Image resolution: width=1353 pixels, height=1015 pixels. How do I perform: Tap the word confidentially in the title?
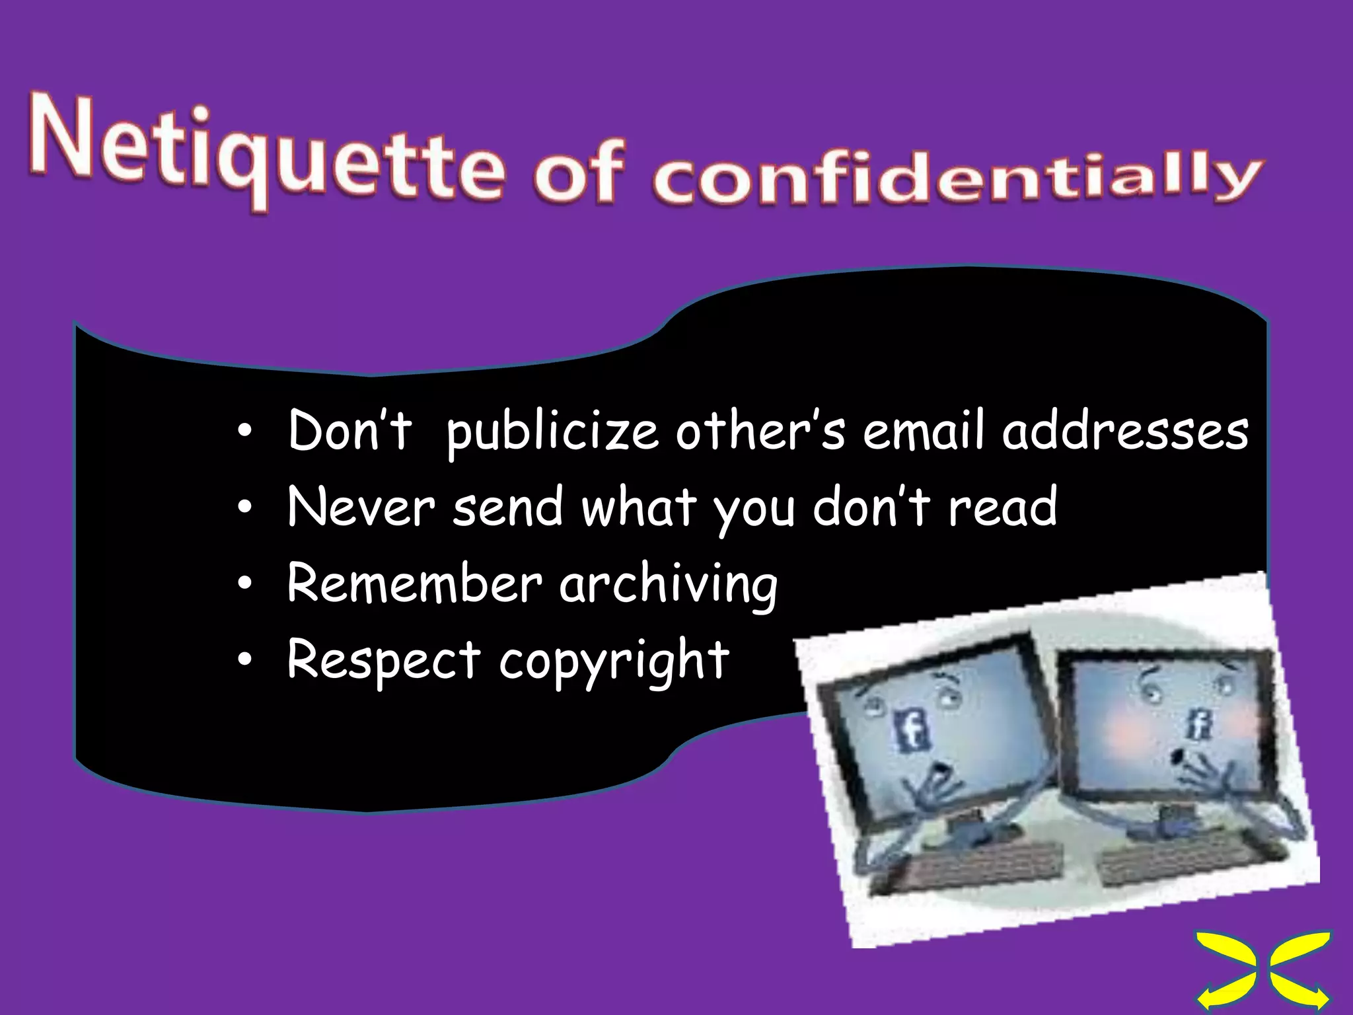(955, 180)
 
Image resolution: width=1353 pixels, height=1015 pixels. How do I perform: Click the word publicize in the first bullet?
(552, 433)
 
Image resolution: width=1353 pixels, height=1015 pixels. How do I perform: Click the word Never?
(361, 507)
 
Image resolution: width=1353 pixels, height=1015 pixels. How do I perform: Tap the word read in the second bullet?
(1002, 507)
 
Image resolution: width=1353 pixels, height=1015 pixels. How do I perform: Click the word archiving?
(669, 585)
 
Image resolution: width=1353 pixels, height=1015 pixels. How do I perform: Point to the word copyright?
(614, 662)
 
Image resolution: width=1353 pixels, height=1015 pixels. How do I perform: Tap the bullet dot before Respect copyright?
(245, 659)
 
